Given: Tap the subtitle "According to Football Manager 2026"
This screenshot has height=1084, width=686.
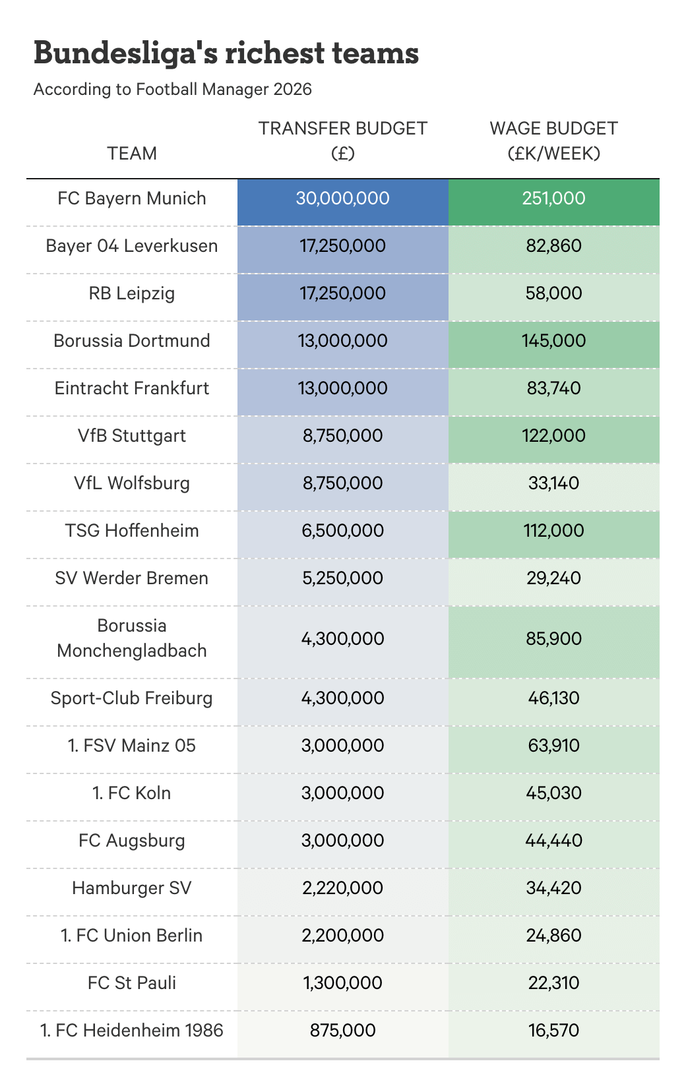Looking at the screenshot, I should [x=173, y=89].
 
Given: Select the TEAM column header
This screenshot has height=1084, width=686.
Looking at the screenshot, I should [x=132, y=153].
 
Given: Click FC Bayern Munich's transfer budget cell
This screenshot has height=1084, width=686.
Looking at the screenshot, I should [x=343, y=198].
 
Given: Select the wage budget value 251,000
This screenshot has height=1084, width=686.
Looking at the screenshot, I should [x=554, y=198].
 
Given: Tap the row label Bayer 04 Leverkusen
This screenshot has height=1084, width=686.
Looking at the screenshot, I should [x=132, y=246].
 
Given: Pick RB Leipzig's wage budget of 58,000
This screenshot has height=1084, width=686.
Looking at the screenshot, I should [x=554, y=293].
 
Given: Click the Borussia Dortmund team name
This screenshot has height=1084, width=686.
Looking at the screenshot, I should [x=132, y=341].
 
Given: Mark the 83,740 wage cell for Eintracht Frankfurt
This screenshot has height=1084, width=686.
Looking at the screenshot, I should [x=554, y=388].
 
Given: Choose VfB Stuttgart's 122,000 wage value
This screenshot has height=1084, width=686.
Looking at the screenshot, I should [x=554, y=436].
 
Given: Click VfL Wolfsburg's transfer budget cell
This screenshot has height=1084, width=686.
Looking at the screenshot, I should [x=343, y=483].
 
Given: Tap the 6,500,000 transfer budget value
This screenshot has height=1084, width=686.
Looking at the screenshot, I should [x=343, y=531].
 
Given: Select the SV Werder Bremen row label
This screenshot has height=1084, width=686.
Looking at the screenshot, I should [x=132, y=578].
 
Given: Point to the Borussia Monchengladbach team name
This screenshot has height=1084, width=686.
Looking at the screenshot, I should [x=132, y=638].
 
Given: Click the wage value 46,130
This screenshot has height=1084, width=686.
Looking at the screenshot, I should [x=554, y=698].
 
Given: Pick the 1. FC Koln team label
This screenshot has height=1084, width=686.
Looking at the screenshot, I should [x=132, y=793].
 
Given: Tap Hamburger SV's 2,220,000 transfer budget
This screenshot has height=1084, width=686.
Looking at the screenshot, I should [x=343, y=888].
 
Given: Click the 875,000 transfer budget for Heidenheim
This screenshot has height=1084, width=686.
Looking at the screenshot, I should [x=343, y=1031].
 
